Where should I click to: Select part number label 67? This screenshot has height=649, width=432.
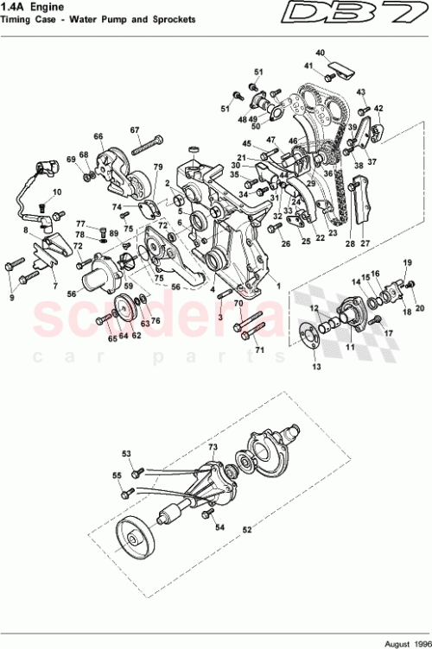click(x=135, y=130)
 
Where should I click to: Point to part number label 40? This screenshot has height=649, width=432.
click(x=320, y=54)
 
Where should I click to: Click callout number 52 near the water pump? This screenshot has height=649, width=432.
click(x=247, y=529)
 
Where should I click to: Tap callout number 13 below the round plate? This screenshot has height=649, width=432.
click(x=316, y=367)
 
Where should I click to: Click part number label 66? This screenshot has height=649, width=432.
click(x=98, y=136)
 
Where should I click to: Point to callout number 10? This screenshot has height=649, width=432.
click(x=57, y=192)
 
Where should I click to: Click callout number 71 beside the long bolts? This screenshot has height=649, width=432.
click(x=257, y=350)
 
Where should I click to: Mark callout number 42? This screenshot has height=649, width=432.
click(x=378, y=108)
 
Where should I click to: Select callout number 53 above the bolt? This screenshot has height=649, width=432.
click(x=126, y=453)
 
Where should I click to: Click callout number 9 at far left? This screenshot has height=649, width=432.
click(x=12, y=298)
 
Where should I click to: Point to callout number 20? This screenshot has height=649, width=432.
click(x=421, y=307)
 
